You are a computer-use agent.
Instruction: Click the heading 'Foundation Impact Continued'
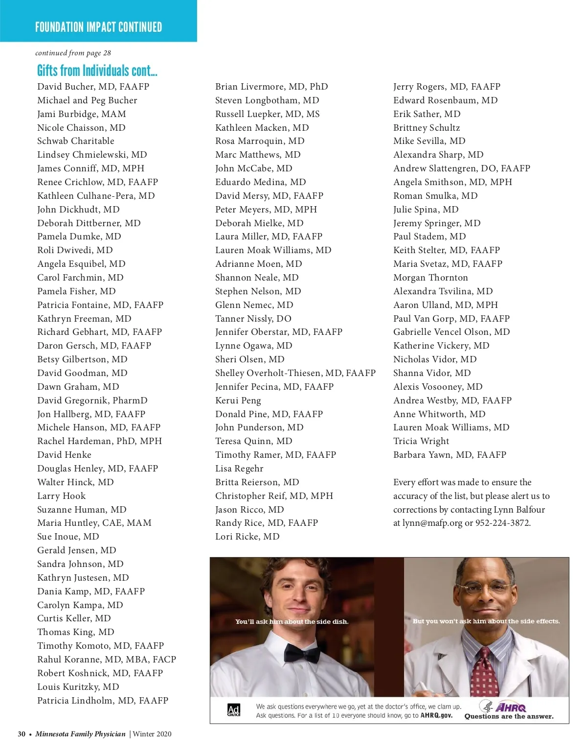pos(98,27)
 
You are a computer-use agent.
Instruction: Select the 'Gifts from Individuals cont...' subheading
pos(97,71)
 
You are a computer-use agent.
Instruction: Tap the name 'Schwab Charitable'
pos(76,141)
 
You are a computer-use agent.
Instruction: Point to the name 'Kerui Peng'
pos(238,401)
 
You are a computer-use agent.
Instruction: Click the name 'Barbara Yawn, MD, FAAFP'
pos(450,455)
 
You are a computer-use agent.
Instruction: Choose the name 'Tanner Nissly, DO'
pos(253,319)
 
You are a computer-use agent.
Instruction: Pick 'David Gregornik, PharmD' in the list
pos(92,401)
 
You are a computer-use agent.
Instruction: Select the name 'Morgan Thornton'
pos(430,278)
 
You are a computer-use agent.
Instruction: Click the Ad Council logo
pos(234,710)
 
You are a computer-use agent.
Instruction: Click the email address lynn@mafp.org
pos(432,523)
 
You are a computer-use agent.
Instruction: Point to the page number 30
pos(22,734)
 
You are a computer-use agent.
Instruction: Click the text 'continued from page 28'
pos(73,53)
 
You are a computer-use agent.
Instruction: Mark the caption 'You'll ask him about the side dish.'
pos(292,622)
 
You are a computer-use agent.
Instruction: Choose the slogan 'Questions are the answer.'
pos(509,717)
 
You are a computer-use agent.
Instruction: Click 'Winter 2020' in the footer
pos(152,734)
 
